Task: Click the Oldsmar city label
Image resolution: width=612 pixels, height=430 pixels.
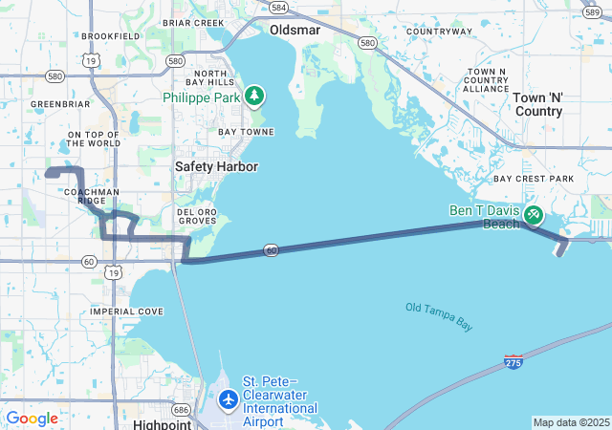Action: pos(294,30)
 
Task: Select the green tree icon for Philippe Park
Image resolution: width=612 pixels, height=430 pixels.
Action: pos(253,96)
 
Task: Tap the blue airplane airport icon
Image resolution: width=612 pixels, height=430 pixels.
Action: pos(229,398)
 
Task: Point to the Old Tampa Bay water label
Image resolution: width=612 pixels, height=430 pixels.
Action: pos(439,316)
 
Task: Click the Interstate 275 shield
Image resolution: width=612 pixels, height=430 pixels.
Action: pos(514,362)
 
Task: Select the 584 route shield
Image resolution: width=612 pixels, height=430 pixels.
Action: pos(278,8)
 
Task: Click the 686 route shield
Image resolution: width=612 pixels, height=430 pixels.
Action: pos(182,408)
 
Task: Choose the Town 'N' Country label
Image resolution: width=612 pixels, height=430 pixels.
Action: pos(537,104)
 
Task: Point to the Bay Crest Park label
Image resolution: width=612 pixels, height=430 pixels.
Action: pos(534,179)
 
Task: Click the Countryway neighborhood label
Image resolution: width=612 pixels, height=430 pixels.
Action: pos(439,32)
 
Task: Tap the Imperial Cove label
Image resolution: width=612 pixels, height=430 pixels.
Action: pos(126,312)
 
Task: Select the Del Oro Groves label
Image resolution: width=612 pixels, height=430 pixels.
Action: pos(197,216)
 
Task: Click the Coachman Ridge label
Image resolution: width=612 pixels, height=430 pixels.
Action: pos(91,196)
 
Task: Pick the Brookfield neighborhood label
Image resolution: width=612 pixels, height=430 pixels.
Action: pos(111,35)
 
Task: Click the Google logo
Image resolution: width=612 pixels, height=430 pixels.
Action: pos(32,419)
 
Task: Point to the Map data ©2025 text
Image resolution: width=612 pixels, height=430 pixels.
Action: pos(571,422)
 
